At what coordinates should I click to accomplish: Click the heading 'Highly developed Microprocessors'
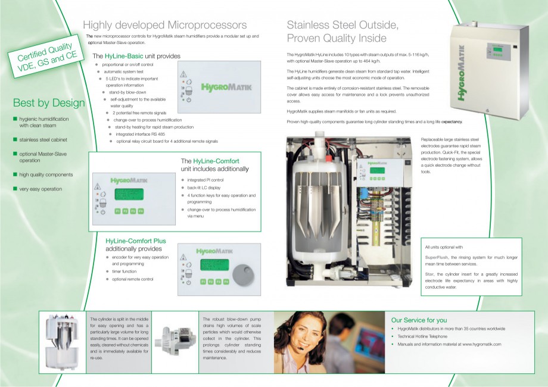(x=164, y=25)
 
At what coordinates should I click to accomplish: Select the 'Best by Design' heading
(x=49, y=103)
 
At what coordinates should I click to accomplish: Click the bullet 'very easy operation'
(x=41, y=189)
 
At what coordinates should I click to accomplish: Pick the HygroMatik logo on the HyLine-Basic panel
(x=226, y=87)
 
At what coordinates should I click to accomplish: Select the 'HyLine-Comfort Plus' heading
(x=136, y=241)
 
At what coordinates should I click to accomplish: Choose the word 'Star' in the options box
(x=429, y=274)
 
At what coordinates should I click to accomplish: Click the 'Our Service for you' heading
(x=419, y=320)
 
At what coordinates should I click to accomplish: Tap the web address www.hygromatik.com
(x=483, y=344)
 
